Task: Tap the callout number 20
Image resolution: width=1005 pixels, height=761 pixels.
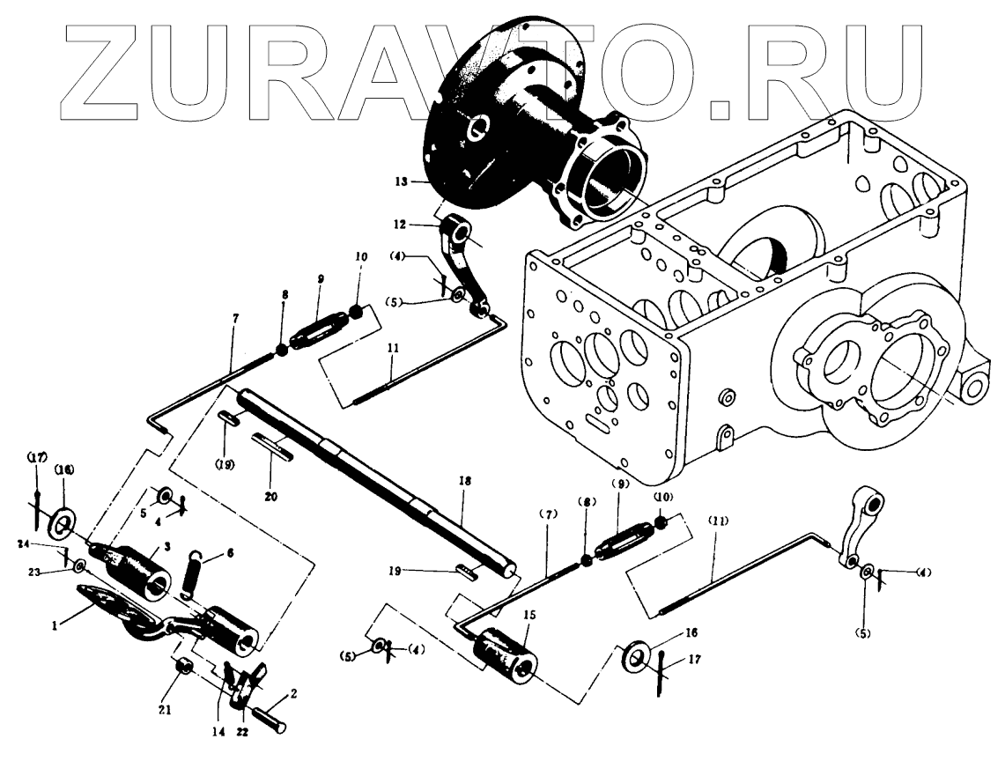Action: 270,497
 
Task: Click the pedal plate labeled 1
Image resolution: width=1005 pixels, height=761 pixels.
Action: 115,608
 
